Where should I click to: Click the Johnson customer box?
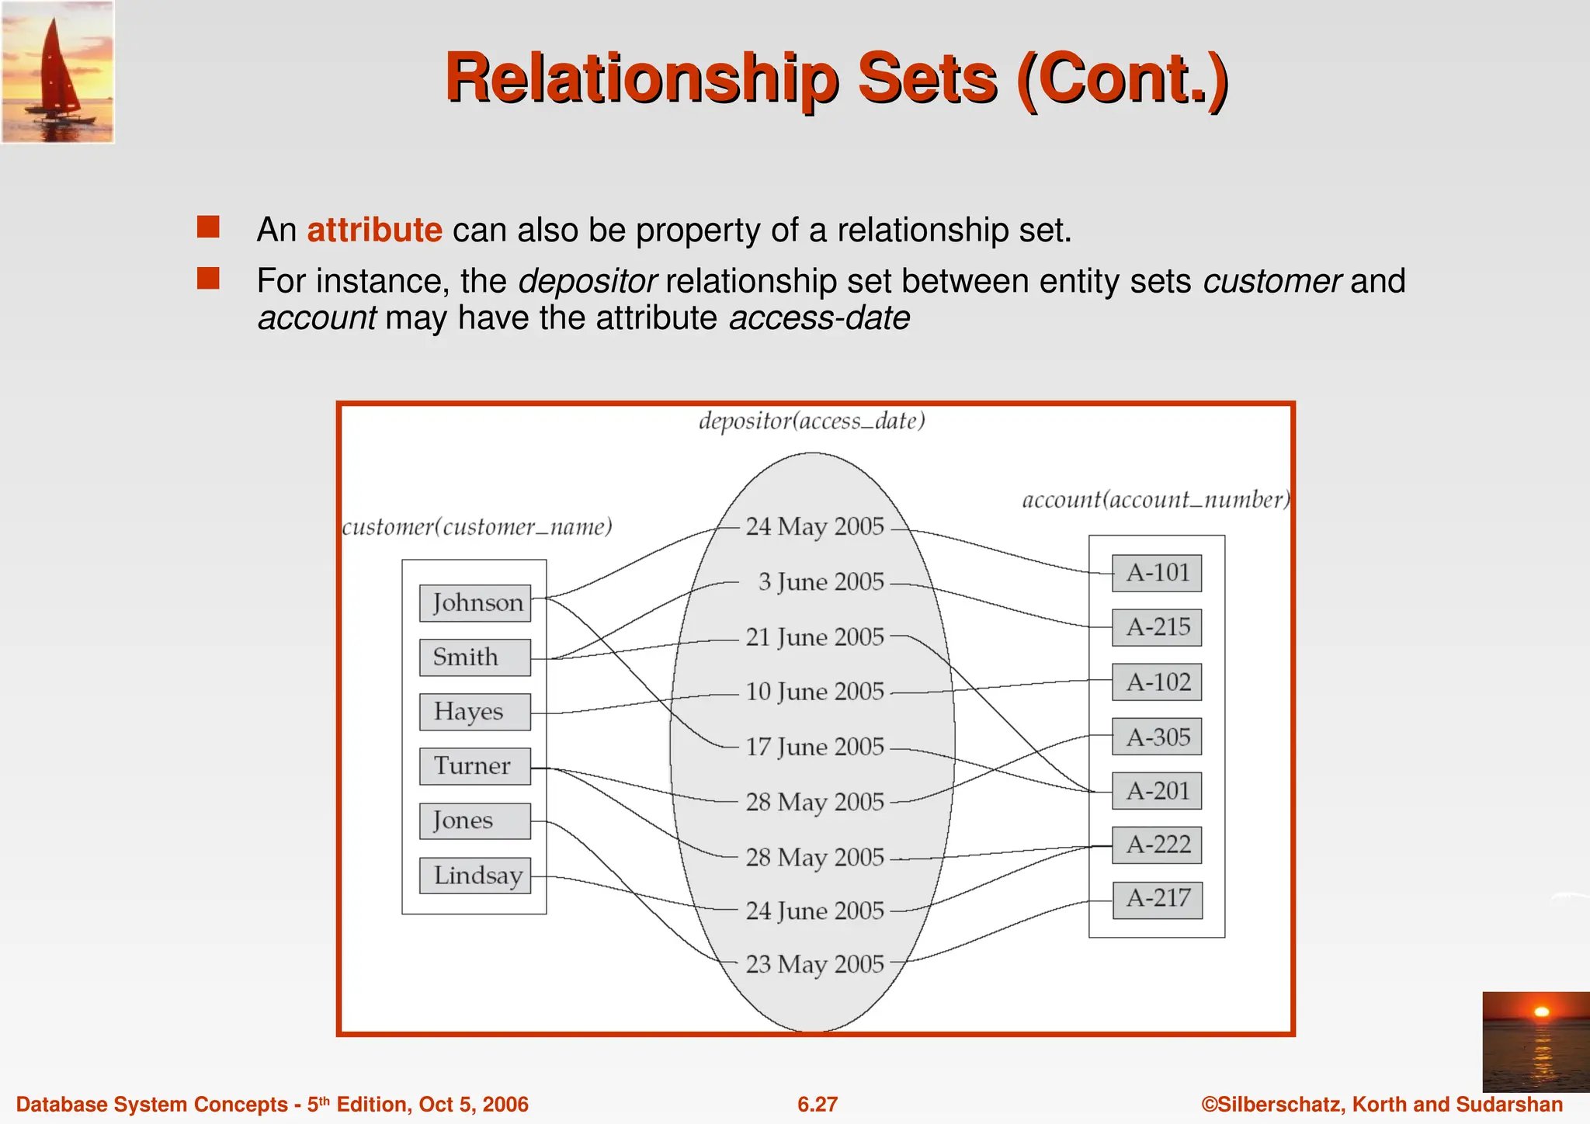(475, 603)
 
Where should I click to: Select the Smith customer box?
(475, 657)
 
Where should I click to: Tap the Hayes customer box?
(475, 712)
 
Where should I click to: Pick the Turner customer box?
(475, 766)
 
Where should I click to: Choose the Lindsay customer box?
(475, 876)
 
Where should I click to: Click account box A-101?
(1157, 573)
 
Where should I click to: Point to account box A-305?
(1157, 737)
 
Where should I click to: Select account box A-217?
(1157, 899)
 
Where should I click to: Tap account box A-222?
(1157, 845)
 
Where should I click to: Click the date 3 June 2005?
(821, 582)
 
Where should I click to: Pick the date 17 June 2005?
(814, 747)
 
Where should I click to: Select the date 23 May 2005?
(814, 964)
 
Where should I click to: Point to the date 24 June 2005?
(814, 911)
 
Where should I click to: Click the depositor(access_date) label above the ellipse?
(811, 421)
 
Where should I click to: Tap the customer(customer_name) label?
(477, 528)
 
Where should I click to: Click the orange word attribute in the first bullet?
(374, 231)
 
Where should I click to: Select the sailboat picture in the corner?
(58, 72)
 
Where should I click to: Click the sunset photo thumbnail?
(1536, 1042)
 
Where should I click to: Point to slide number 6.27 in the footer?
(818, 1105)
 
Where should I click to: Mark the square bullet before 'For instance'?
(208, 279)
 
